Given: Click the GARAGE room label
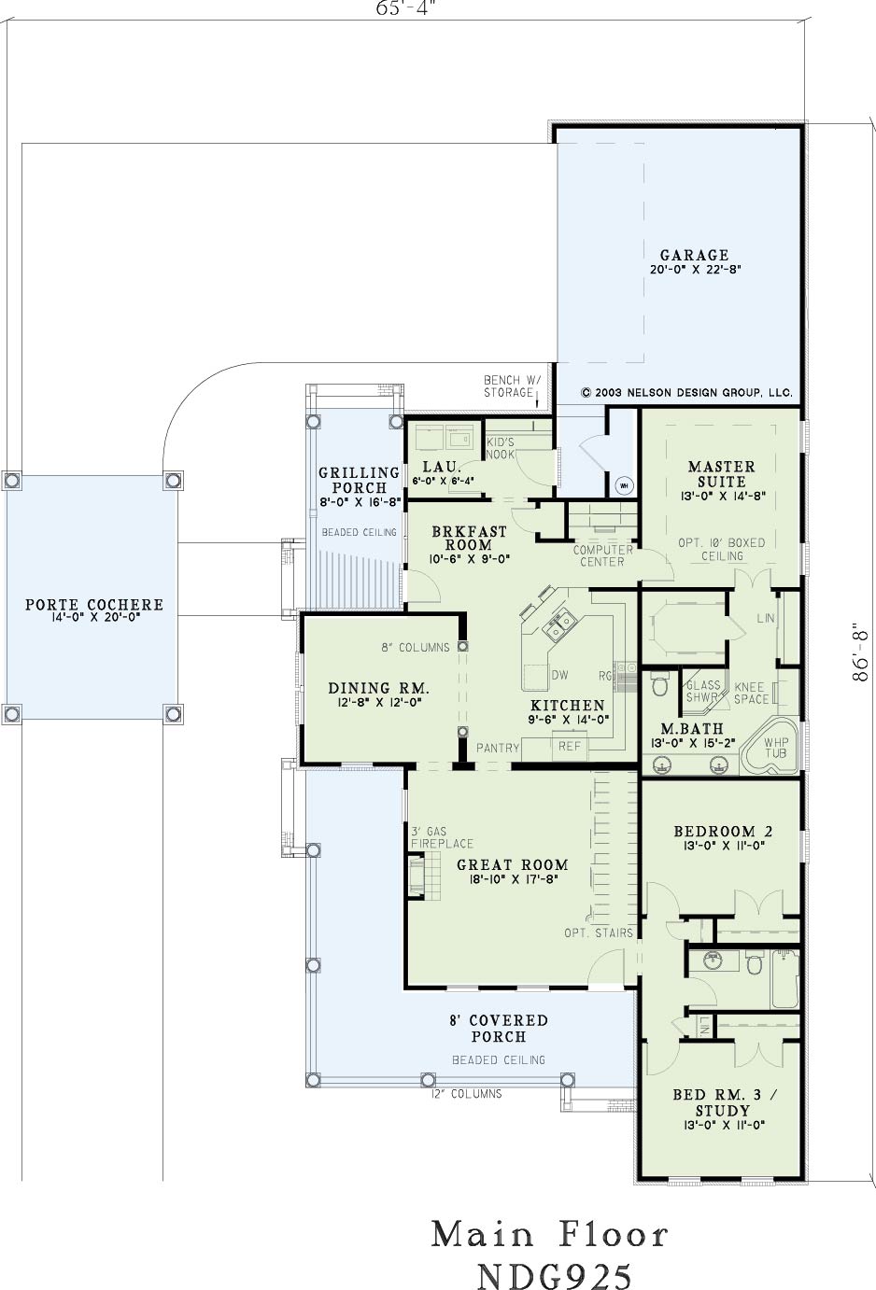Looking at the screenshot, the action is click(x=695, y=255).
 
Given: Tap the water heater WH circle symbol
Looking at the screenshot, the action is click(x=624, y=485).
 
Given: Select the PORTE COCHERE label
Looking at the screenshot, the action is click(x=94, y=605).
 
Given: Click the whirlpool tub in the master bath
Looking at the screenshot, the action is click(x=770, y=748).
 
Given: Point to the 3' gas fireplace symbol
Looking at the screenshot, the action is click(x=417, y=876).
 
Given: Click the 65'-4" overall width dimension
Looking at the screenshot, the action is click(x=404, y=8).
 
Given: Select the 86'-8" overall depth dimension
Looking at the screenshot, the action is click(x=859, y=652).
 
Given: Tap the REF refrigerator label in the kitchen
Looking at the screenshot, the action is click(x=570, y=746).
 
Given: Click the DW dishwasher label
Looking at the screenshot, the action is click(x=559, y=676).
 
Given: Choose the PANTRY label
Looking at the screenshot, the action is click(x=498, y=748).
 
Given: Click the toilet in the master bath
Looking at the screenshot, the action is click(x=658, y=684).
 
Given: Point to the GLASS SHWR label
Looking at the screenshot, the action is click(x=703, y=691).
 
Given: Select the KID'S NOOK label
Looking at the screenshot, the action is click(x=501, y=449).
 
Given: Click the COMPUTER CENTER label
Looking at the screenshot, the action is click(x=602, y=555).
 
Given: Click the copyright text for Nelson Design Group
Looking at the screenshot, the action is click(x=687, y=393).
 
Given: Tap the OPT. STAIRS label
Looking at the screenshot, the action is click(x=599, y=932).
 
